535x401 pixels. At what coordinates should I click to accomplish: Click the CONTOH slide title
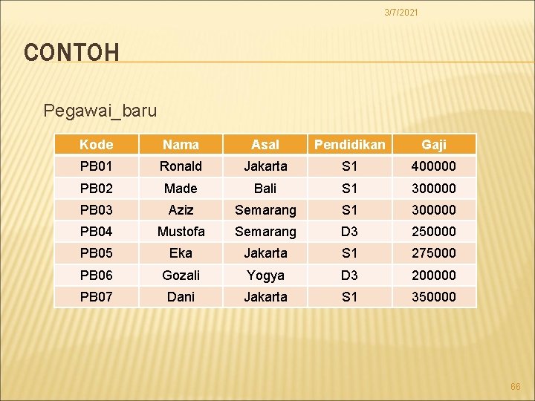coord(71,53)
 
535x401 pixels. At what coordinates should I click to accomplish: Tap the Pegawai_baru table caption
coord(100,111)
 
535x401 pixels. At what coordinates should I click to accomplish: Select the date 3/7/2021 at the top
coord(401,13)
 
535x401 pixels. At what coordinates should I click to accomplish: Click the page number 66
coord(516,387)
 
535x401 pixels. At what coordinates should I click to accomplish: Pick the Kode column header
coord(96,145)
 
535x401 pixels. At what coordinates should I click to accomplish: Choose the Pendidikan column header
coord(349,145)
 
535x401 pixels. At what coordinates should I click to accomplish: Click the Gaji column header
coord(434,145)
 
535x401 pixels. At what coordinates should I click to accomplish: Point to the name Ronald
coord(181,166)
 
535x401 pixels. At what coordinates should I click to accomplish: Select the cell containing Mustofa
coord(181,232)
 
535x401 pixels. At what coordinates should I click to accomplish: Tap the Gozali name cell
coord(181,276)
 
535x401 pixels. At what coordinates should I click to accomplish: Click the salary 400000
coord(434,166)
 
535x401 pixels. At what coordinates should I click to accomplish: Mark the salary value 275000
coord(434,253)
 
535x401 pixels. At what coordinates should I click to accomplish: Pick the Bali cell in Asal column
coord(265,188)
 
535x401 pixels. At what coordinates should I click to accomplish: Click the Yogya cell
coord(265,276)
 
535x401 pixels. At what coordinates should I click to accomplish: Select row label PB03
coord(96,210)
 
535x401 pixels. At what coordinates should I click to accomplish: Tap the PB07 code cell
coord(96,297)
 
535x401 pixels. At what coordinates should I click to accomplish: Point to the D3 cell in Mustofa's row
coord(349,232)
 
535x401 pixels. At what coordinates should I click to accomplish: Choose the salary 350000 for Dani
coord(434,297)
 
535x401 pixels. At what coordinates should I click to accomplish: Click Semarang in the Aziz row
coord(265,210)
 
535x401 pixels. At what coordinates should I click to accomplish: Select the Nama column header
coord(181,145)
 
